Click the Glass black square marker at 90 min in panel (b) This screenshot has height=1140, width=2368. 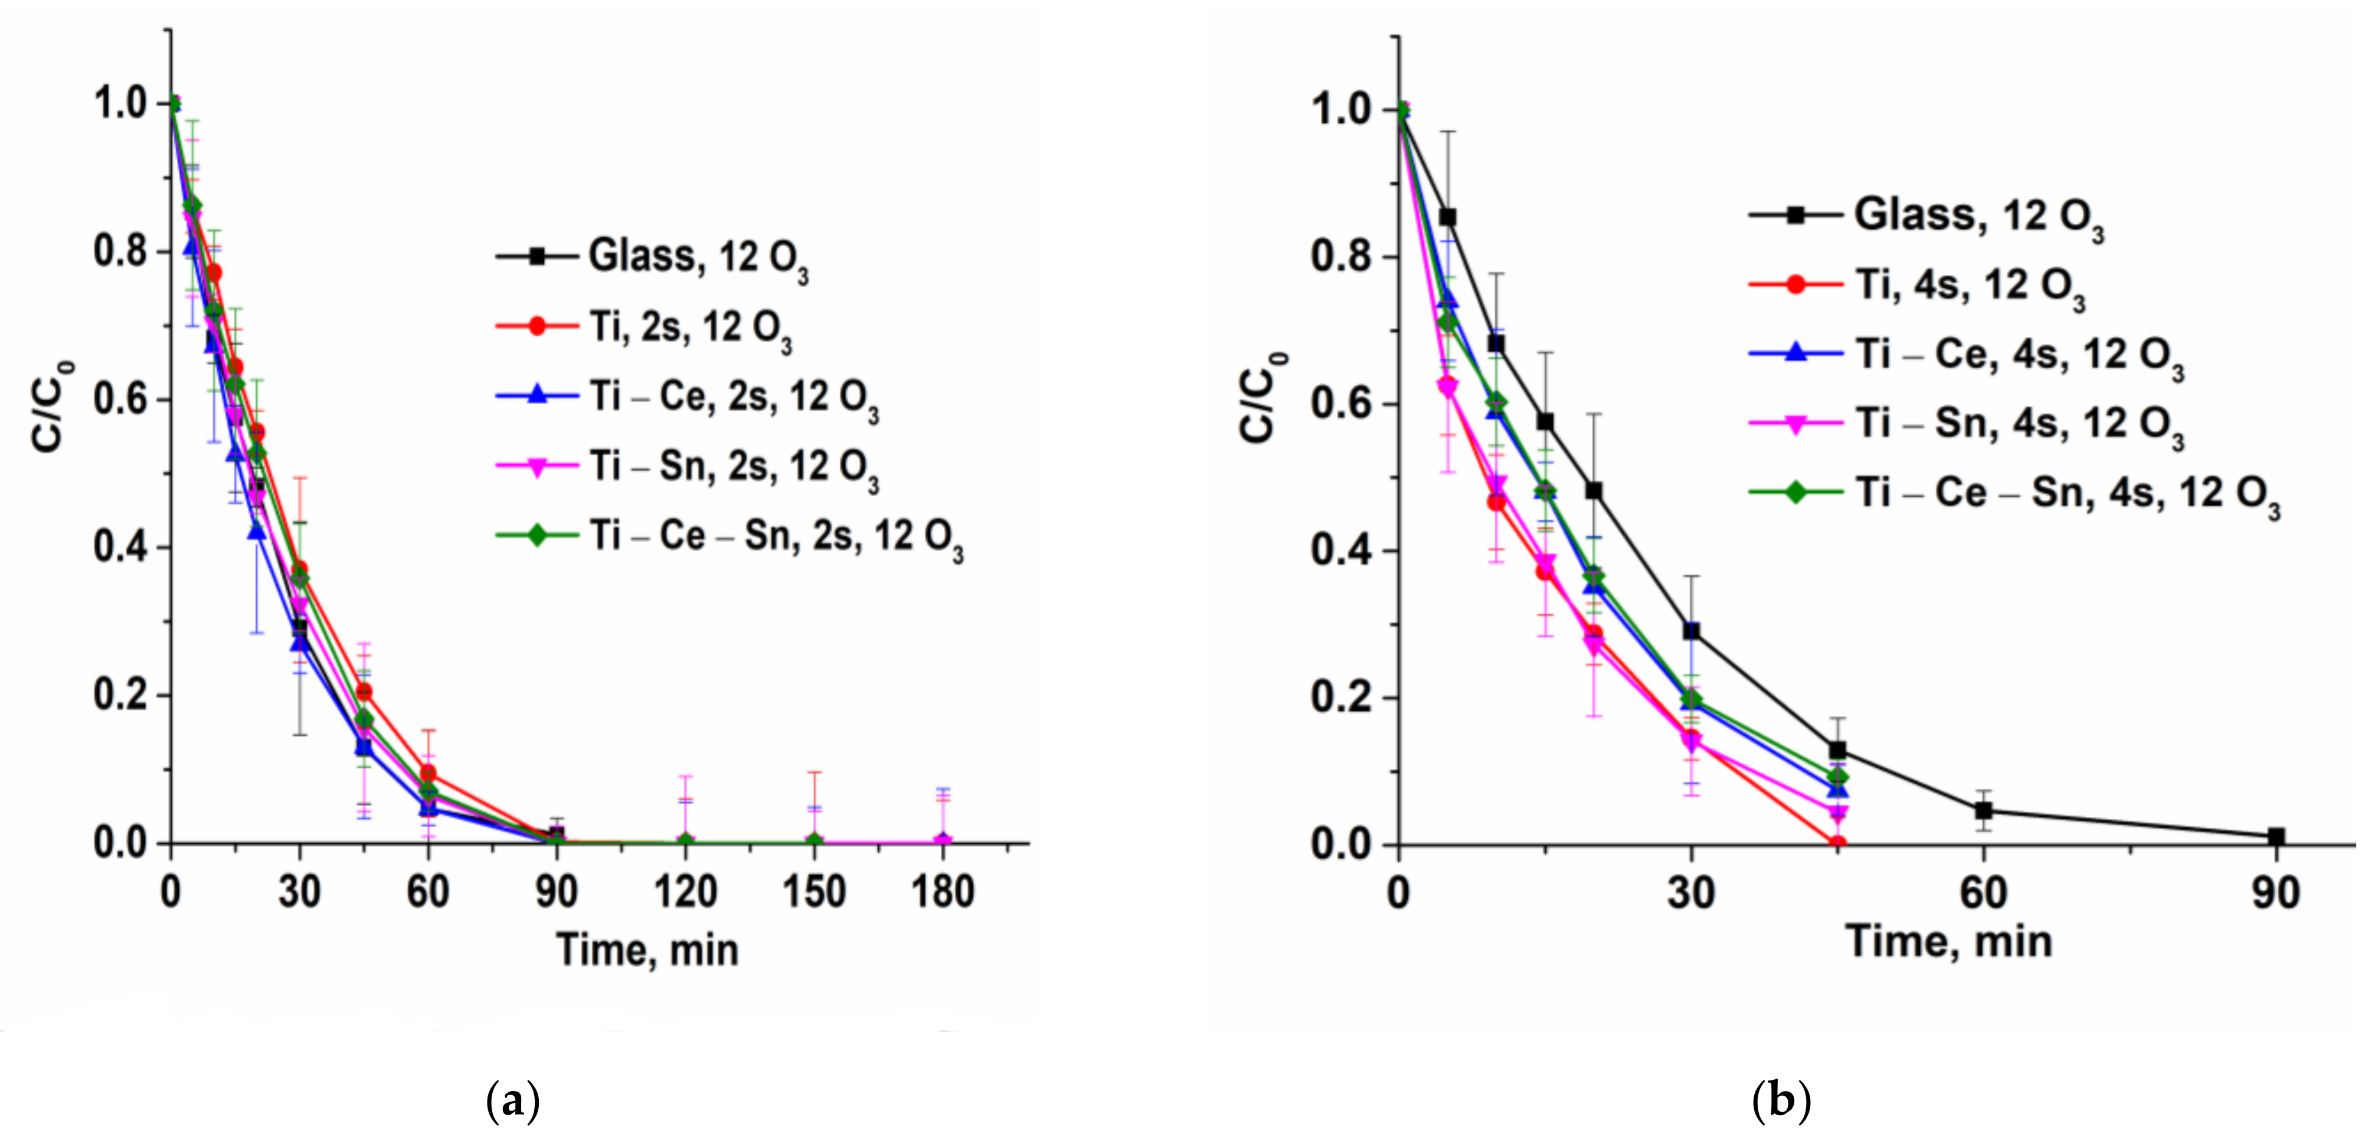tap(2276, 837)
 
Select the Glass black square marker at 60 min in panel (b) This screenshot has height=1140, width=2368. tap(1984, 810)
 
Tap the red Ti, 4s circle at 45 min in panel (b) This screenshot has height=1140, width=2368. tap(1837, 843)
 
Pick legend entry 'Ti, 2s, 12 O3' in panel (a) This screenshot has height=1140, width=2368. tap(689, 326)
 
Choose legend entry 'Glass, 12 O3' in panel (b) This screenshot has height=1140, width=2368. tap(1977, 215)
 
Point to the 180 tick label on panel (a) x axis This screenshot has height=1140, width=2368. tap(942, 892)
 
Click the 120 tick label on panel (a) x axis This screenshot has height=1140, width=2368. tap(685, 892)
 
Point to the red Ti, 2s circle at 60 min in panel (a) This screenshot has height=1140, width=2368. tap(427, 773)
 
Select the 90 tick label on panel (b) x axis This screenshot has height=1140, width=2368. tap(2276, 892)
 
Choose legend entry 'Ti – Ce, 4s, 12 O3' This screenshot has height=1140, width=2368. tap(2018, 354)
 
